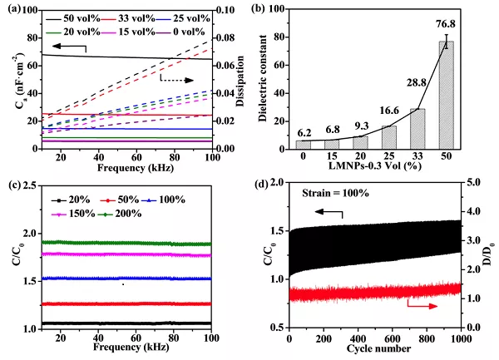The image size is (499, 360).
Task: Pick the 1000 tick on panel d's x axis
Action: [460, 338]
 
